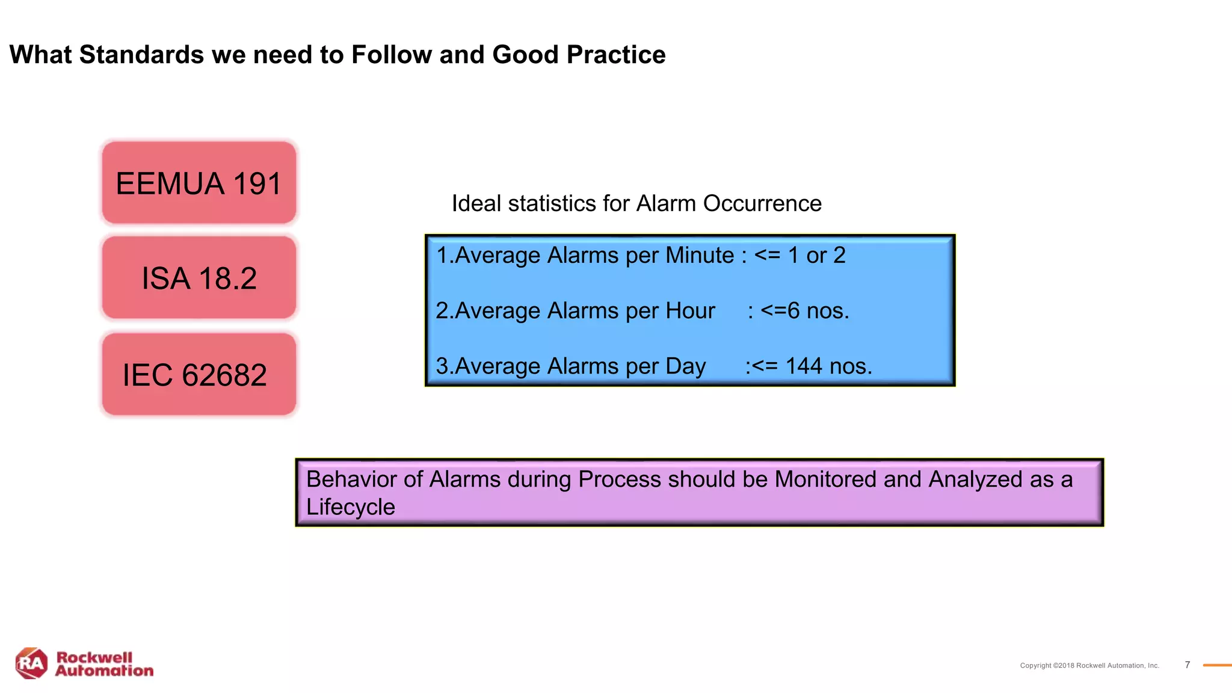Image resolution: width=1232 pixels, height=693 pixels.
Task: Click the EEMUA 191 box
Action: point(199,183)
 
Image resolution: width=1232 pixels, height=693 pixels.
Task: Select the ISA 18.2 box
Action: point(199,278)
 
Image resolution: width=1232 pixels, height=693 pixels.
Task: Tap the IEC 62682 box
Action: point(199,374)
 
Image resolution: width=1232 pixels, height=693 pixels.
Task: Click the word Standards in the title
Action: point(141,55)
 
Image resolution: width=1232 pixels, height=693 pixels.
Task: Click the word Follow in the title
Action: point(392,55)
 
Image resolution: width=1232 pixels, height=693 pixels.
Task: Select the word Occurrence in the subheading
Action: point(762,203)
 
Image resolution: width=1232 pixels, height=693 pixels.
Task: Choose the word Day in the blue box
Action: point(685,366)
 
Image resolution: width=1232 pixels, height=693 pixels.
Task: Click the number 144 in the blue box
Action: point(803,366)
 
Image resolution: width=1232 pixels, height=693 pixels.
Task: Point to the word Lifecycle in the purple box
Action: point(350,507)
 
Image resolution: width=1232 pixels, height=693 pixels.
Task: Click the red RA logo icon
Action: point(31,664)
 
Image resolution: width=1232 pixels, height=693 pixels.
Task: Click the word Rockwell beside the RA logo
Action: point(94,657)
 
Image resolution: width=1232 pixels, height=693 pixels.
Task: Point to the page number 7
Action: point(1187,665)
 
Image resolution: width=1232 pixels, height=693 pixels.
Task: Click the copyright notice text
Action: point(1089,665)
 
